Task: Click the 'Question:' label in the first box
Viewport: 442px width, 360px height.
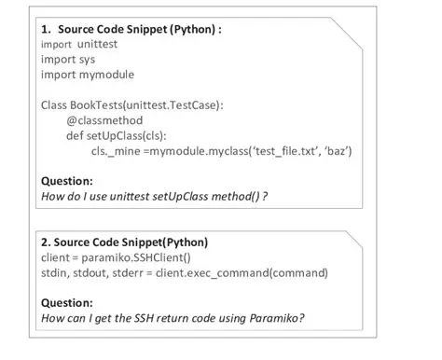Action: (x=68, y=180)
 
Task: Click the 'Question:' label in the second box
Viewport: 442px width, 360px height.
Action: (x=68, y=302)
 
